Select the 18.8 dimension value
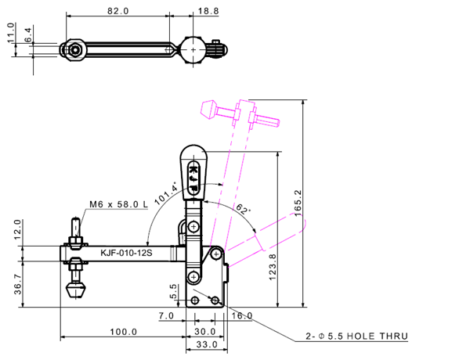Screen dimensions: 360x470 204,12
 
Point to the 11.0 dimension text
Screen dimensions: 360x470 10,35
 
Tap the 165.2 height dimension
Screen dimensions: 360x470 296,204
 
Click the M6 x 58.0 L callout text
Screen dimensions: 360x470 117,203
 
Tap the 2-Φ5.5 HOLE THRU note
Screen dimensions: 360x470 356,337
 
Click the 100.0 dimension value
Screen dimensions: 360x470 123,332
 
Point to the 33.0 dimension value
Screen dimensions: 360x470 205,344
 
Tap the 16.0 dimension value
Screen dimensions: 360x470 241,315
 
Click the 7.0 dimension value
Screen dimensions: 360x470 166,315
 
